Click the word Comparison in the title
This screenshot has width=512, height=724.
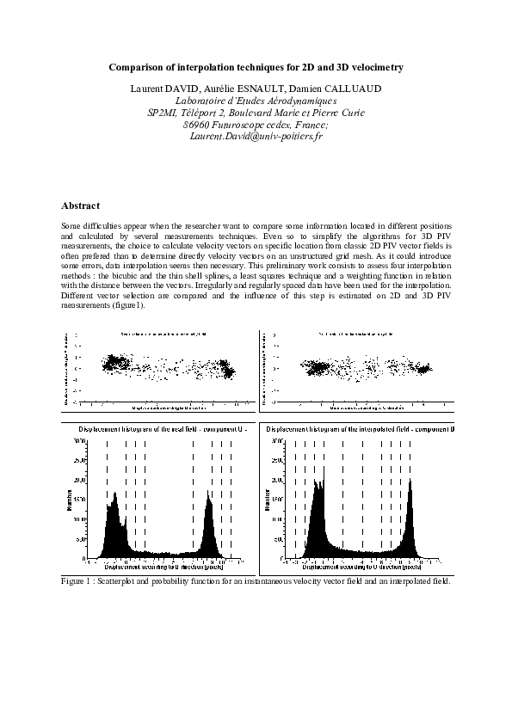click(137, 66)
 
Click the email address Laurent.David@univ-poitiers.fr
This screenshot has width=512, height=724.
click(256, 136)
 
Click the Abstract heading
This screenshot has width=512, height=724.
click(81, 206)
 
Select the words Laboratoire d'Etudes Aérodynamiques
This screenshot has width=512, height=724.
click(256, 101)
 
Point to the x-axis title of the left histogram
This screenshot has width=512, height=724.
click(166, 568)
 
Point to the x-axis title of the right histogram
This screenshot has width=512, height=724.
click(360, 568)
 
